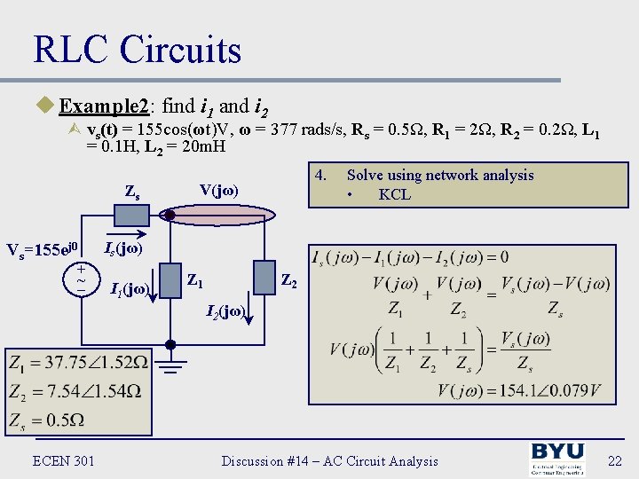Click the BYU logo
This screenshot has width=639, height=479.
click(x=557, y=459)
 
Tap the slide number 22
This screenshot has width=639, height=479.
click(x=613, y=460)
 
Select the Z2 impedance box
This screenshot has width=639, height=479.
click(x=264, y=277)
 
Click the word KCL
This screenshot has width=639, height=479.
click(x=394, y=194)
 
